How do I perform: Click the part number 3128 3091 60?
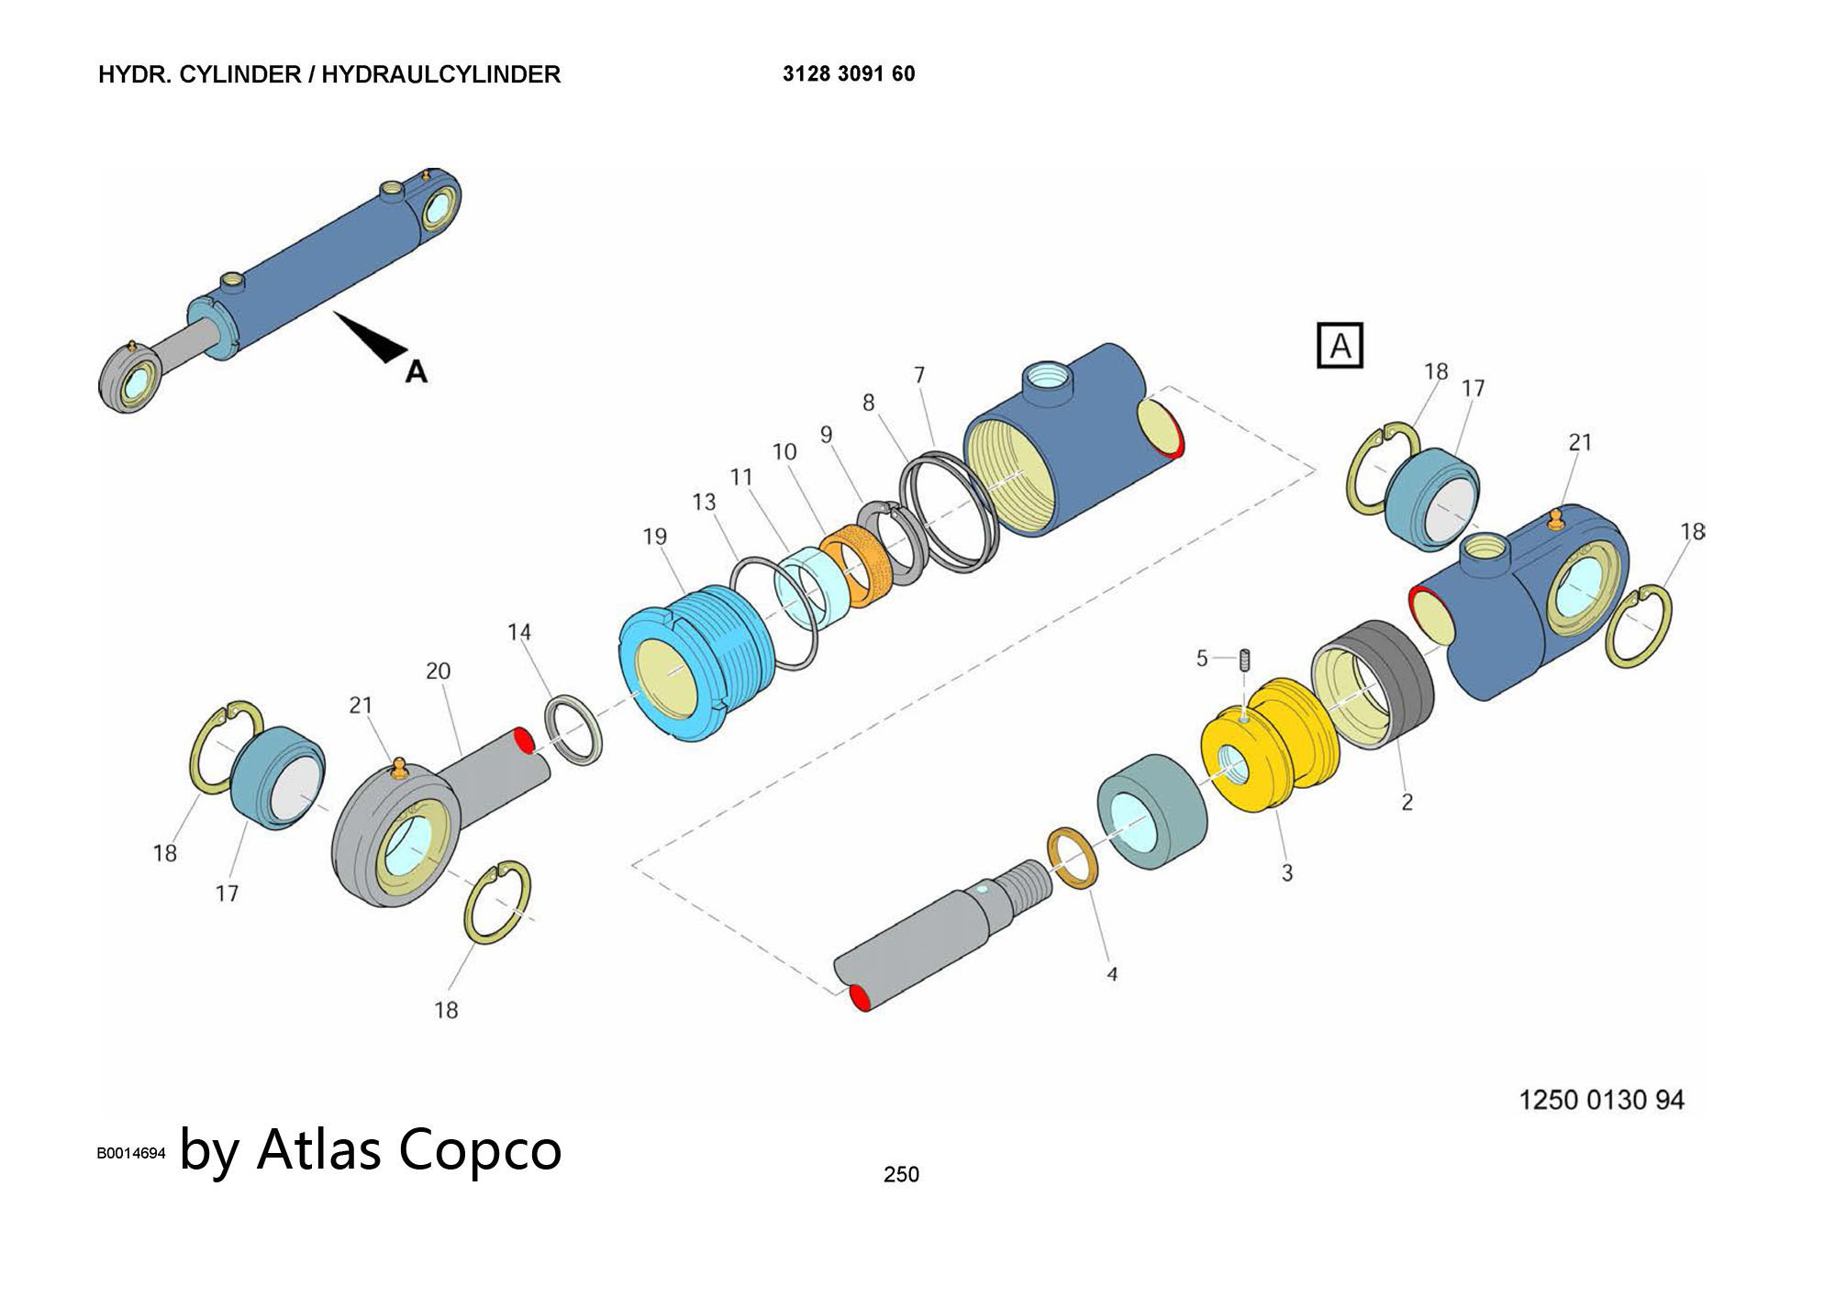click(x=848, y=74)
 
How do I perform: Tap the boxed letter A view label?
click(x=1340, y=346)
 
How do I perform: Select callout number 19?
click(x=654, y=537)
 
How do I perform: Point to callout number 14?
click(x=519, y=632)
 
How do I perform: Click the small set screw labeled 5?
click(x=1245, y=659)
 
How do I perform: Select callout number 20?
click(x=438, y=671)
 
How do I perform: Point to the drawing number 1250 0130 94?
click(x=1601, y=1100)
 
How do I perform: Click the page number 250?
click(x=901, y=1174)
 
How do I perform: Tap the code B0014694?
click(x=131, y=1153)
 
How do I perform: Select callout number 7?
click(x=918, y=375)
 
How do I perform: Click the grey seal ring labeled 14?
click(x=575, y=729)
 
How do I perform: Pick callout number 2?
click(x=1407, y=802)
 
